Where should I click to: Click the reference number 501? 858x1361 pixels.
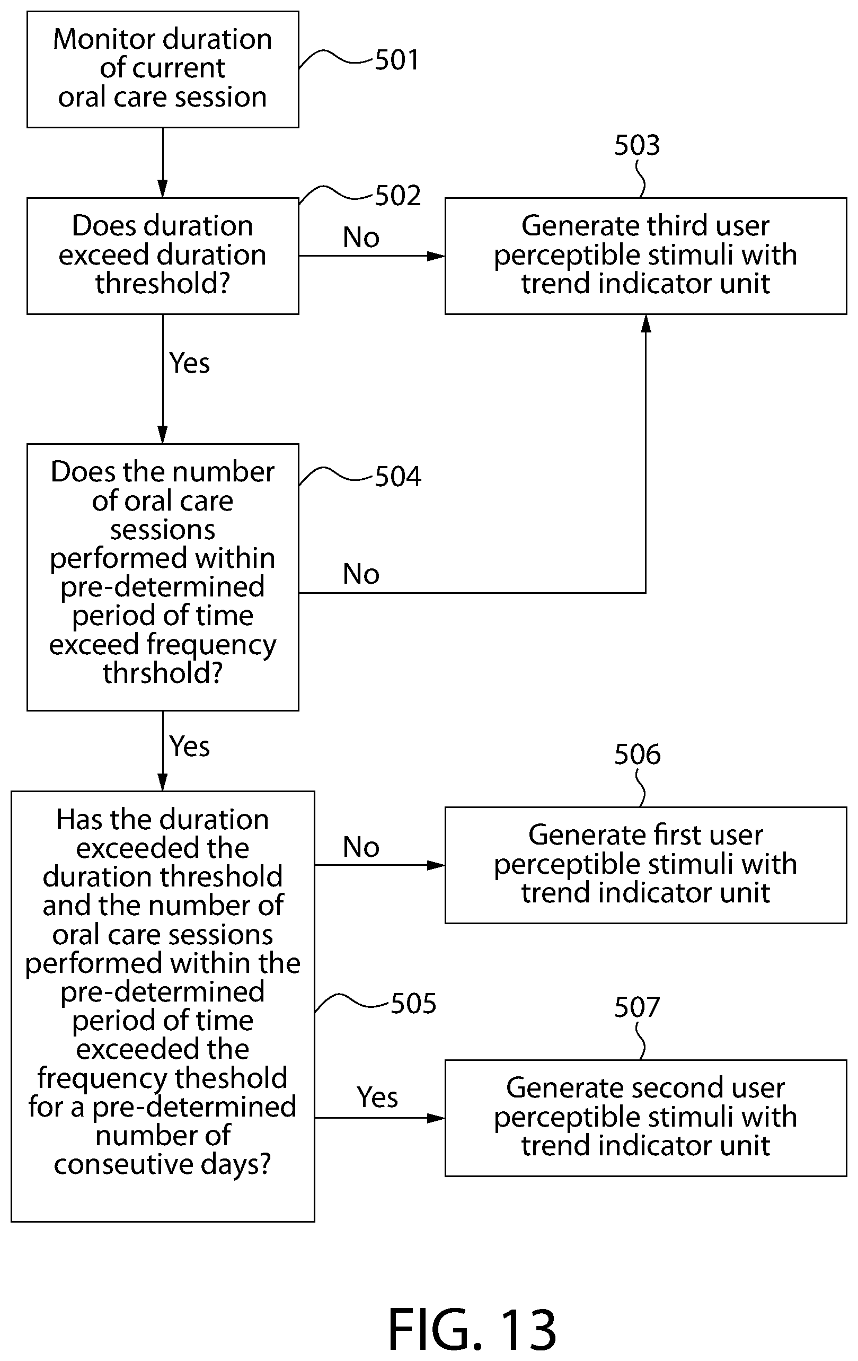pos(397,60)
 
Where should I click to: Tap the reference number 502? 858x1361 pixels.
pos(398,196)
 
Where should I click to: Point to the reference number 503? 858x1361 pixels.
pos(637,145)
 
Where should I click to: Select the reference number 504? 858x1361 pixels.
pos(398,477)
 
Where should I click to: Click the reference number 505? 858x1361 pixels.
pos(413,1004)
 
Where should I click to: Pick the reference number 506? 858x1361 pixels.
pos(637,754)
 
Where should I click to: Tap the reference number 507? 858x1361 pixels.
pos(637,1007)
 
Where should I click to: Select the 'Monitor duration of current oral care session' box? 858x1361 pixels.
pos(163,69)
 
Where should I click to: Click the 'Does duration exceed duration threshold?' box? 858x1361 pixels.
pos(163,256)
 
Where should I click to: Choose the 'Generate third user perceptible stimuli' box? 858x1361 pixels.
pos(645,256)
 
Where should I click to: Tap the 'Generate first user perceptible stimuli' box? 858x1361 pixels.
pos(645,865)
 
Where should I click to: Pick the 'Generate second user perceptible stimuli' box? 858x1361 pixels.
pos(645,1118)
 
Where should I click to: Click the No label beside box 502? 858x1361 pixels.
pos(361,238)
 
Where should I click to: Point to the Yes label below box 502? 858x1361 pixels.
pos(189,363)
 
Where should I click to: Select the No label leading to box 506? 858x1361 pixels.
pos(361,847)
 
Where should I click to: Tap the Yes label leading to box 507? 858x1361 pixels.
pos(377,1097)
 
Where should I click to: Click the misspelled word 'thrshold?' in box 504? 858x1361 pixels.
pos(163,673)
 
